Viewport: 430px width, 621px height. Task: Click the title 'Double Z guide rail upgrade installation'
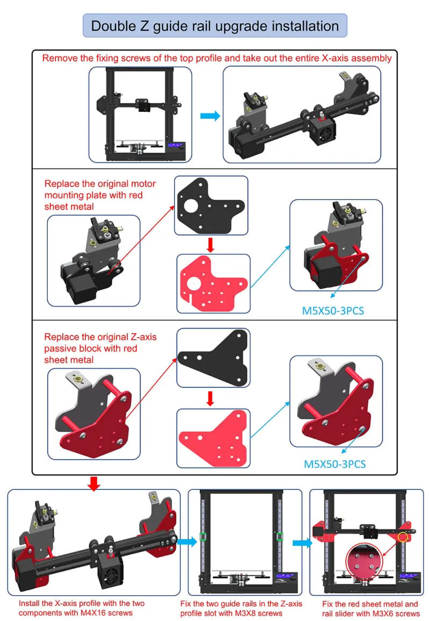coord(215,26)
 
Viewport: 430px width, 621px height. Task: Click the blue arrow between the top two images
coord(210,116)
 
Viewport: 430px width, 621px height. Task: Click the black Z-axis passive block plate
coord(213,358)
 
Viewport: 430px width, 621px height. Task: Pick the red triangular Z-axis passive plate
coord(213,436)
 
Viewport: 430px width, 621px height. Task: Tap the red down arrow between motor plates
coord(211,245)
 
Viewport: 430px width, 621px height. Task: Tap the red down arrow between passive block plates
coord(211,398)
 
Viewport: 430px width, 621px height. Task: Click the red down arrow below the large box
coord(94,484)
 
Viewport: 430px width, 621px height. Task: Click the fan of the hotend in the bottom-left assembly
coord(109,576)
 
